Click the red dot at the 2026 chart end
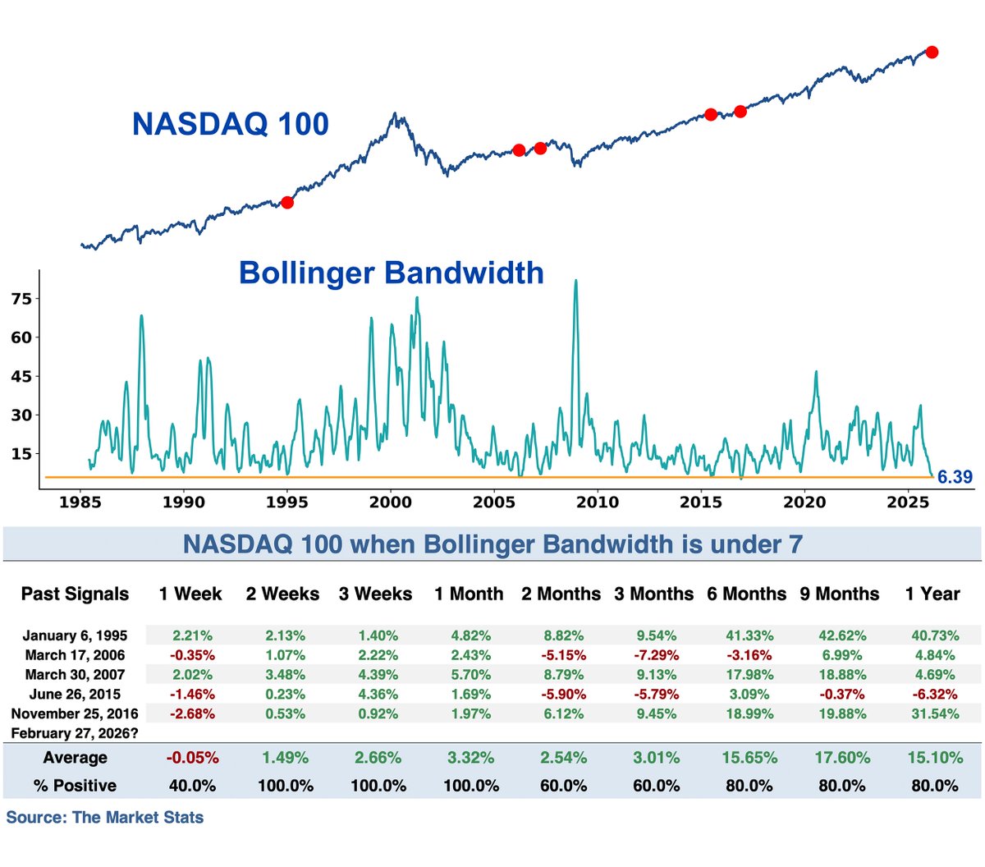(932, 53)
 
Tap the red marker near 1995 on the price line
(287, 202)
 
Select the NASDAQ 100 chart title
(231, 125)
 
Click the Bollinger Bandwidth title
(391, 273)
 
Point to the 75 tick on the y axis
(21, 299)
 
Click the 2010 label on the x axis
(597, 502)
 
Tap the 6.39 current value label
(955, 477)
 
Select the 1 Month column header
(469, 594)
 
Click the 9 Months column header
(840, 594)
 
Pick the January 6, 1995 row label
(75, 635)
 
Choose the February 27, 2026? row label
(75, 733)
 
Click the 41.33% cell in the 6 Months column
(749, 635)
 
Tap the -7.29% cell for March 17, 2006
(657, 655)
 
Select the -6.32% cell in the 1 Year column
(935, 695)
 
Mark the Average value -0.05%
(192, 758)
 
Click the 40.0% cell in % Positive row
(192, 786)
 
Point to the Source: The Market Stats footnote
(105, 818)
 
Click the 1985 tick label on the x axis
(80, 502)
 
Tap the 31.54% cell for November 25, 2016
(935, 714)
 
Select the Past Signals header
(75, 594)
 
